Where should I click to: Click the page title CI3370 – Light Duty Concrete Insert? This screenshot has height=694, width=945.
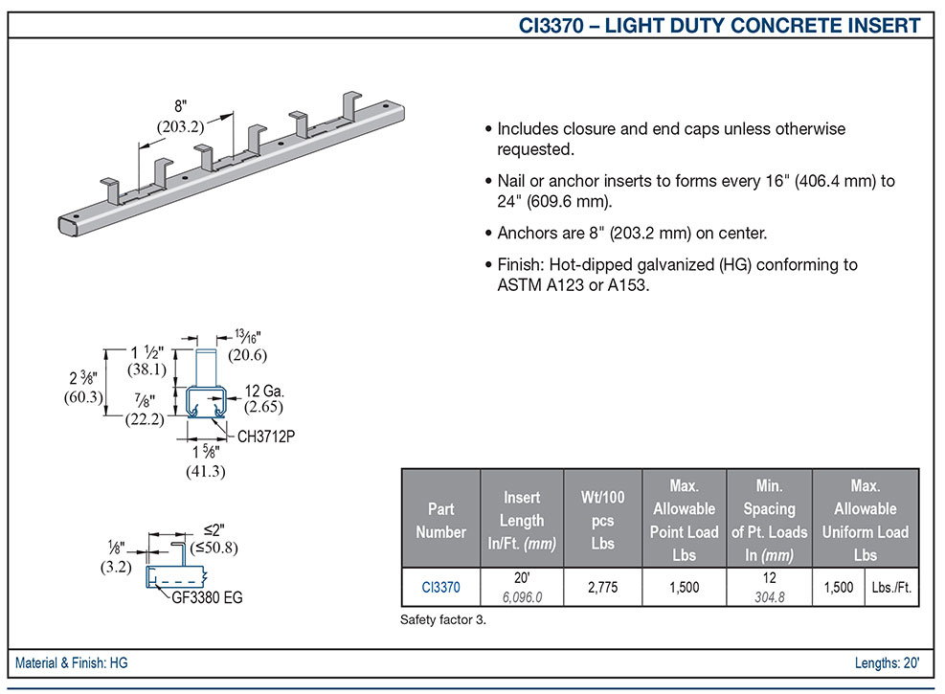tap(721, 25)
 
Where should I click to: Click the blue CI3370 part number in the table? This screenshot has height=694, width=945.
tap(441, 587)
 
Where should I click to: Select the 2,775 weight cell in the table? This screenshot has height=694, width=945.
tap(601, 587)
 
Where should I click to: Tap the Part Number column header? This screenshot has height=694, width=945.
tap(441, 520)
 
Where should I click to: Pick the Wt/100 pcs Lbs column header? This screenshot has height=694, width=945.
tap(601, 520)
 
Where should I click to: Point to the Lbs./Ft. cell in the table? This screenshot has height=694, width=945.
tap(891, 587)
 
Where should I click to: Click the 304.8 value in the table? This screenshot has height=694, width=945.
tap(769, 595)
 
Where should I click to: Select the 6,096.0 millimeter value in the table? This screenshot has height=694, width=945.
tap(522, 595)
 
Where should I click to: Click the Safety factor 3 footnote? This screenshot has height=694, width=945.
tap(443, 620)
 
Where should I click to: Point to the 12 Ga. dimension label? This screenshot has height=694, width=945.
tap(265, 391)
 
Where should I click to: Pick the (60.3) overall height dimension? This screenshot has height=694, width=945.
tap(83, 397)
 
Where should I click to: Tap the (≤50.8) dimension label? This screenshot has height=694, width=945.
tap(214, 548)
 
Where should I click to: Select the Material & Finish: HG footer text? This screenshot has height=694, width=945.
tap(72, 662)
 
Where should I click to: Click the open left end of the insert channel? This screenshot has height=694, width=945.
tap(66, 223)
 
